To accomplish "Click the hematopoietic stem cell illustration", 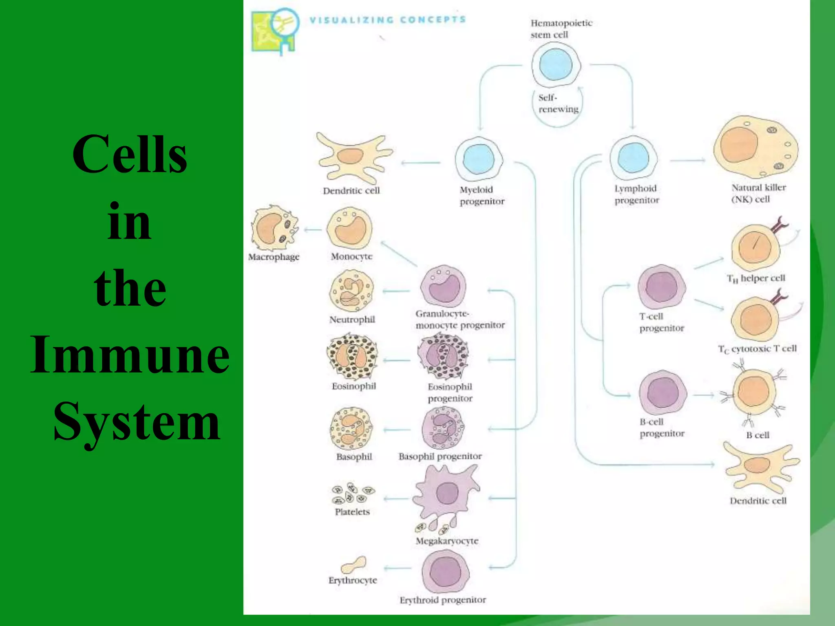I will [x=556, y=65].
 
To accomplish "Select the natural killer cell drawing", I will [x=755, y=147].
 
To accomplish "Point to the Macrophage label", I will [x=274, y=257].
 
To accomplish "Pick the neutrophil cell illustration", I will [x=351, y=291].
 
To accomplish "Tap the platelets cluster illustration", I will [x=352, y=493].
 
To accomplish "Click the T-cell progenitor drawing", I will [x=661, y=287].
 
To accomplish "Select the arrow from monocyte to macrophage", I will [x=313, y=230].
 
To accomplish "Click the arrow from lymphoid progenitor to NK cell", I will [x=687, y=160].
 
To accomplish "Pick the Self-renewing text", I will [x=557, y=104].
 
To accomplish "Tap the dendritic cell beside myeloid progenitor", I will [x=353, y=158].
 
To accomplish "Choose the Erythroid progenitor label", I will [x=442, y=600].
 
